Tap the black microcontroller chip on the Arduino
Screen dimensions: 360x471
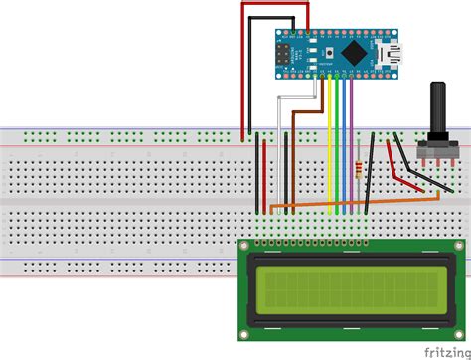353,52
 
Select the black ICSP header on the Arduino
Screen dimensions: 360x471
286,52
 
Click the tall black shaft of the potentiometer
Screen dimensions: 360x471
434,110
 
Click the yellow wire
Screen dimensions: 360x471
329,149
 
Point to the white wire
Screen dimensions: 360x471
281,109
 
